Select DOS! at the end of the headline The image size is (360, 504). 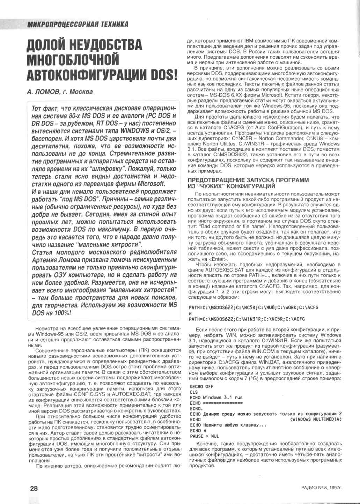coord(162,75)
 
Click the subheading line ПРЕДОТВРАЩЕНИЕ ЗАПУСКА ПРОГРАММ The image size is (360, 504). coord(248,180)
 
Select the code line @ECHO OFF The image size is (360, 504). coord(201,387)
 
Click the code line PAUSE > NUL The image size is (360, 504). coord(205,436)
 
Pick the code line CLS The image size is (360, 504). coord(194,392)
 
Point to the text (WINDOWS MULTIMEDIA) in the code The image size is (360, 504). coord(316,420)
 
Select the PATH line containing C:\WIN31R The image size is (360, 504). coord(247,319)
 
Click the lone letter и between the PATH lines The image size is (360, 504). coord(190,313)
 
